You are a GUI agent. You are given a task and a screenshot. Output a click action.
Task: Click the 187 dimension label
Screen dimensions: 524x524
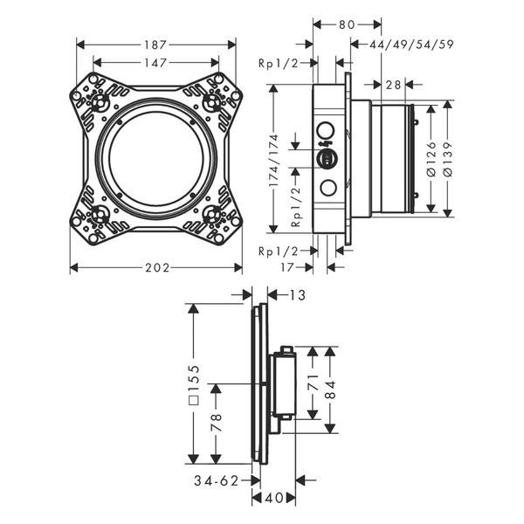pyautogui.click(x=155, y=45)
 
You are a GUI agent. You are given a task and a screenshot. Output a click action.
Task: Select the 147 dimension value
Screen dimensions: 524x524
pyautogui.click(x=155, y=63)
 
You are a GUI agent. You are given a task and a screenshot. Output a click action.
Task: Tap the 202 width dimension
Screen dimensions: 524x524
pyautogui.click(x=157, y=268)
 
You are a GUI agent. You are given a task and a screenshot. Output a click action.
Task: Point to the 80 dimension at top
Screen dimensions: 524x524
pyautogui.click(x=347, y=24)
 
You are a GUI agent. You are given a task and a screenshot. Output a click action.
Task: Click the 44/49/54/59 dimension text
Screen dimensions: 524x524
pyautogui.click(x=411, y=45)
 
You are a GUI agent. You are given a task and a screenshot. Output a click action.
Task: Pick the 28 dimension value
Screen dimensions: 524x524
pyautogui.click(x=393, y=85)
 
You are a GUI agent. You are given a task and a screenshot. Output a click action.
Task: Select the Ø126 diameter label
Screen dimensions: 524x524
pyautogui.click(x=431, y=158)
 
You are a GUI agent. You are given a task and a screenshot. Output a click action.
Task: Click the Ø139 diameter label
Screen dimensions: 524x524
pyautogui.click(x=447, y=158)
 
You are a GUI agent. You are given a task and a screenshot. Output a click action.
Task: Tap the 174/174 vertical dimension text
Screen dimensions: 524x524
pyautogui.click(x=273, y=161)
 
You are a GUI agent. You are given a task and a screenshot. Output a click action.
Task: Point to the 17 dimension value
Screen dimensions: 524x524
pyautogui.click(x=287, y=267)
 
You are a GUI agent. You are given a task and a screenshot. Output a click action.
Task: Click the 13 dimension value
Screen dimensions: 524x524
pyautogui.click(x=298, y=295)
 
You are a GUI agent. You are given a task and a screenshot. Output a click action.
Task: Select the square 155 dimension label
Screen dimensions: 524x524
pyautogui.click(x=194, y=385)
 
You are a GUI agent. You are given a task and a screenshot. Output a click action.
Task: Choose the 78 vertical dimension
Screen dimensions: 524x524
pyautogui.click(x=217, y=423)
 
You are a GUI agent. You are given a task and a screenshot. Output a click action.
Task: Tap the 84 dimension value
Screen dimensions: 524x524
pyautogui.click(x=330, y=390)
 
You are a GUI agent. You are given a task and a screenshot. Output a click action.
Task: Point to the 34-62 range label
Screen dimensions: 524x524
pyautogui.click(x=217, y=481)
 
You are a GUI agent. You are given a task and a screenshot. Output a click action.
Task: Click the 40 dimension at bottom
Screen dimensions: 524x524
pyautogui.click(x=274, y=498)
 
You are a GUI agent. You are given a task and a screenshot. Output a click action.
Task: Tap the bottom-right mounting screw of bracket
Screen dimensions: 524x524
pyautogui.click(x=212, y=214)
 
